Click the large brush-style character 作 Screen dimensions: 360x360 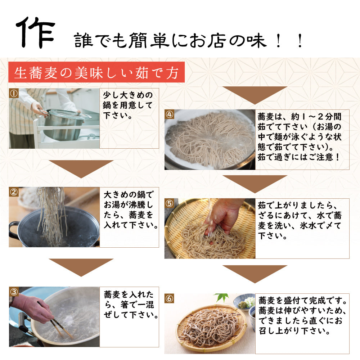coord(36,32)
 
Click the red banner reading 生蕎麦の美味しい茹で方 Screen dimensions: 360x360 coord(96,72)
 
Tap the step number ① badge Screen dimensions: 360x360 coord(14,93)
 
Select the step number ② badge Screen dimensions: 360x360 coord(14,192)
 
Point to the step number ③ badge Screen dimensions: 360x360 coord(14,292)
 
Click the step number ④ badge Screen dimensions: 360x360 coord(170,114)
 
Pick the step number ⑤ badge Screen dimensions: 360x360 coord(170,203)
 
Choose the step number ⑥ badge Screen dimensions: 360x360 coord(170,298)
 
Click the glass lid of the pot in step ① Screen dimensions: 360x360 coord(69,114)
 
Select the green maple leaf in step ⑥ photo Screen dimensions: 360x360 coord(221,298)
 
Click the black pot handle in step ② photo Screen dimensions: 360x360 coord(13,230)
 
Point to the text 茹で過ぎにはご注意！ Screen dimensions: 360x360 coord(298,157)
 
